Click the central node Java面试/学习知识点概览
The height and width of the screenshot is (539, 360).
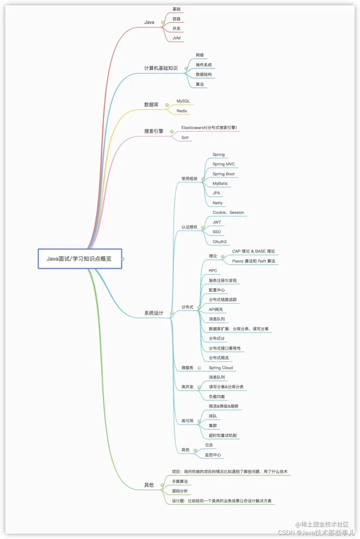(79, 259)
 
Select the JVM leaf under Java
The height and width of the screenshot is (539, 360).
(176, 38)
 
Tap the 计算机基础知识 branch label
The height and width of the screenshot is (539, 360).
(161, 68)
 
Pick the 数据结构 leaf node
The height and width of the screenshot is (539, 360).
(204, 75)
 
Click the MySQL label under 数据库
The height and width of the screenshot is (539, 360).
(183, 101)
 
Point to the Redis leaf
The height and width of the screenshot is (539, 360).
(182, 111)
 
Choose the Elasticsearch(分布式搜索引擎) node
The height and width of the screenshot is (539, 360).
(209, 128)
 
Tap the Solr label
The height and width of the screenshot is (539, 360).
(185, 137)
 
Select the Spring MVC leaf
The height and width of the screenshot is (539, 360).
(224, 164)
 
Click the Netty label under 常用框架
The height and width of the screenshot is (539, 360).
(218, 203)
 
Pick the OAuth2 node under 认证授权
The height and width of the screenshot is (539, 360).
(220, 242)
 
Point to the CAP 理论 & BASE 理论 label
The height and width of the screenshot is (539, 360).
(253, 251)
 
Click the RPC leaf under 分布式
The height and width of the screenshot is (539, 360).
(213, 270)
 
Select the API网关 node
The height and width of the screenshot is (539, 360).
(216, 309)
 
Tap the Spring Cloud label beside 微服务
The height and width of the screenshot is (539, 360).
(221, 368)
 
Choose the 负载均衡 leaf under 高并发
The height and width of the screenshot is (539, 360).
(217, 397)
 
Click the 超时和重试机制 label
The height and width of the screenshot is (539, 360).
(223, 435)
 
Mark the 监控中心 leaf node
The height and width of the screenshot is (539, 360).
(213, 455)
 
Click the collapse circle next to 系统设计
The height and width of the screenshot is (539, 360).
(172, 313)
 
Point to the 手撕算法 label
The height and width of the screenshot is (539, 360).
(180, 481)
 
